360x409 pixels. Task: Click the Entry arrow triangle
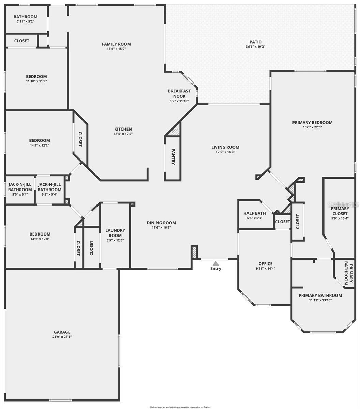click(215, 263)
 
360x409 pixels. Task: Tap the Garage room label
click(62, 332)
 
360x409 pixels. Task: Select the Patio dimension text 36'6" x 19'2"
click(256, 47)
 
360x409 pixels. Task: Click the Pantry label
click(173, 157)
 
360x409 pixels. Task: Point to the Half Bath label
click(255, 213)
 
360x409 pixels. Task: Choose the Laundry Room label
click(115, 233)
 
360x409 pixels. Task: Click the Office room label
click(265, 263)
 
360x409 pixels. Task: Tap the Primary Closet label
click(340, 211)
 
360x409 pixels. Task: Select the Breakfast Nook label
click(179, 94)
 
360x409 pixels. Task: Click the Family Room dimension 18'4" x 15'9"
click(116, 49)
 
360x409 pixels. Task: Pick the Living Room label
click(225, 147)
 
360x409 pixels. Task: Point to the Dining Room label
click(161, 223)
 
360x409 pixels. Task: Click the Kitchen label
click(123, 129)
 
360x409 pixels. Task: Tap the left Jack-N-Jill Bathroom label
click(20, 187)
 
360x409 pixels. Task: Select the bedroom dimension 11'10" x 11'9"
click(36, 81)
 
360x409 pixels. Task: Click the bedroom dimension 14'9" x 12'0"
click(40, 239)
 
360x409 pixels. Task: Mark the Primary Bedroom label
click(312, 122)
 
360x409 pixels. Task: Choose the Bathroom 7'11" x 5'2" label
click(26, 17)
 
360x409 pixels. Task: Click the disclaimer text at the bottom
click(180, 407)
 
